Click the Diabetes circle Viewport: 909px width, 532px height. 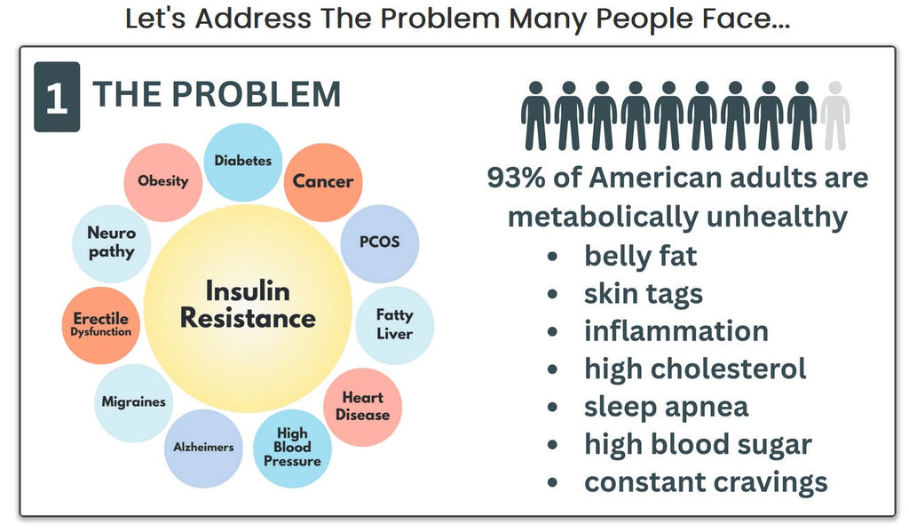click(242, 162)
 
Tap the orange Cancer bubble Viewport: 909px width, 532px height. click(322, 182)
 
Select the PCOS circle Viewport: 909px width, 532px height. click(379, 242)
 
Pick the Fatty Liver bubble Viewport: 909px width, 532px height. click(394, 324)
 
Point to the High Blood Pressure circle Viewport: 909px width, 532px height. click(292, 448)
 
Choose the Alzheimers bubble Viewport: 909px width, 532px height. click(203, 448)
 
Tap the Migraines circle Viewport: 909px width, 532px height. click(133, 402)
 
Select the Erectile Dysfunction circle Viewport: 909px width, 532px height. click(101, 324)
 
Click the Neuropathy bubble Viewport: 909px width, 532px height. click(111, 242)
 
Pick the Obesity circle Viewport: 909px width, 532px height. click(162, 181)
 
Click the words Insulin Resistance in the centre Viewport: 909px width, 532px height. click(248, 305)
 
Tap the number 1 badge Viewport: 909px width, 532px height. click(57, 98)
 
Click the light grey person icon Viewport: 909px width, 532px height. click(834, 115)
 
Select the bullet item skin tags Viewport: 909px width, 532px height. click(643, 294)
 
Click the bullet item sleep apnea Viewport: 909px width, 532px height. click(666, 407)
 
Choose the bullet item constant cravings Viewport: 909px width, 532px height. click(705, 482)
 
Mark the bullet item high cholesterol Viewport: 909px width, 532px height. click(694, 369)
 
